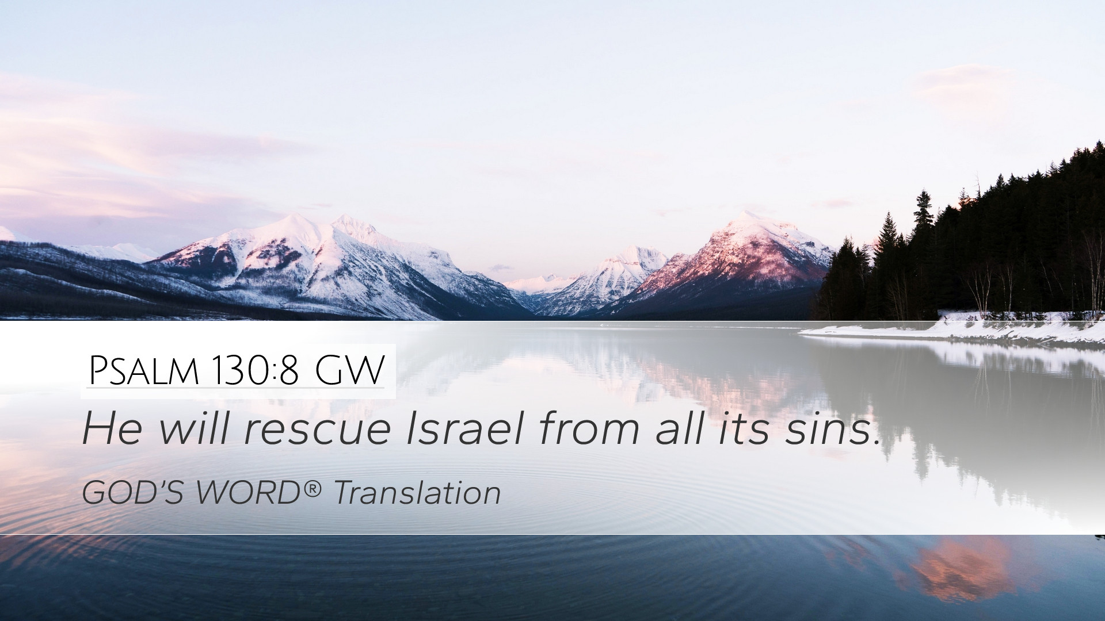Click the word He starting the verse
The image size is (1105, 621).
click(x=112, y=428)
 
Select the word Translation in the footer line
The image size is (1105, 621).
click(x=417, y=493)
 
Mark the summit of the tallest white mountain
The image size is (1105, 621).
click(x=297, y=216)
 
